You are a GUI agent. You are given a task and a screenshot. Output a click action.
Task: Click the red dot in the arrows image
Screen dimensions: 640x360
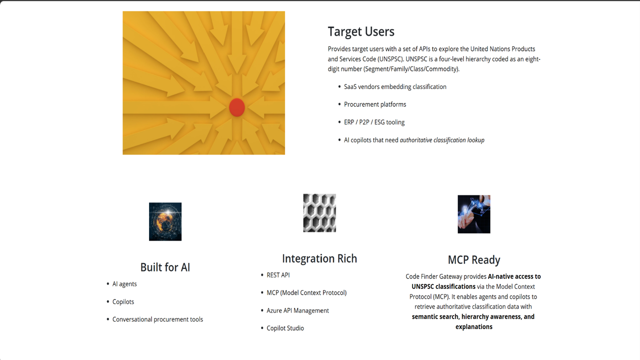(237, 107)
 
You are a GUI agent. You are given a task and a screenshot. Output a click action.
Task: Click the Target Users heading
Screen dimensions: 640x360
(361, 31)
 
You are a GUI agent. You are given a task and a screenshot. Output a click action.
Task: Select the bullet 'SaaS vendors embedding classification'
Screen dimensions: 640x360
(395, 87)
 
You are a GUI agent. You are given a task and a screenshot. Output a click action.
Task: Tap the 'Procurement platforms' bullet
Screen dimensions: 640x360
(375, 104)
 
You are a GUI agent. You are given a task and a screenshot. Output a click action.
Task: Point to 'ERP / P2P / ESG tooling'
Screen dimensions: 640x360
(374, 122)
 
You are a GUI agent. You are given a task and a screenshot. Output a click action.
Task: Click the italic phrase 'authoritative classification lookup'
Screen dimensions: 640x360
(442, 140)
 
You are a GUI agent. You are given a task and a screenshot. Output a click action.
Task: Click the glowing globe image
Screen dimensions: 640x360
(165, 221)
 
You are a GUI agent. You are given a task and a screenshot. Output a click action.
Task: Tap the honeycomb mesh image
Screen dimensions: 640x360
(319, 213)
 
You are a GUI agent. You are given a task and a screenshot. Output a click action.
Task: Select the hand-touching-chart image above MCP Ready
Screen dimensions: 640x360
(474, 214)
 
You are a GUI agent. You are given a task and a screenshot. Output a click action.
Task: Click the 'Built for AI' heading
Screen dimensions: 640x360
(165, 267)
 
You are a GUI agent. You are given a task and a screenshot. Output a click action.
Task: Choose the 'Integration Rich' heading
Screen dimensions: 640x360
(319, 258)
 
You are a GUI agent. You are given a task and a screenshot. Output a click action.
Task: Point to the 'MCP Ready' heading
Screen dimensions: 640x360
(474, 260)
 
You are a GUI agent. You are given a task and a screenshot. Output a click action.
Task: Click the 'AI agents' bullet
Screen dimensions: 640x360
(124, 284)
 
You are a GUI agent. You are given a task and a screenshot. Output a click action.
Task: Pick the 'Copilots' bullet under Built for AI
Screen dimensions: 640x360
(123, 302)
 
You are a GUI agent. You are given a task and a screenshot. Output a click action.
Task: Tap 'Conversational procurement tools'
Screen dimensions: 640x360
(157, 319)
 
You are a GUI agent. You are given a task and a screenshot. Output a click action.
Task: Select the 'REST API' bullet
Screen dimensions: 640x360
(278, 275)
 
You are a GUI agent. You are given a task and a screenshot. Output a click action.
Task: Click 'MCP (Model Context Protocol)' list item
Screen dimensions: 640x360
(306, 293)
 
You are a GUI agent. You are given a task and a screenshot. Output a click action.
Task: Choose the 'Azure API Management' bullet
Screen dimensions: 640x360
(297, 310)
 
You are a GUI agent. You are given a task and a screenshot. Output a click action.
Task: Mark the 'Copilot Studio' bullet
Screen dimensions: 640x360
(285, 328)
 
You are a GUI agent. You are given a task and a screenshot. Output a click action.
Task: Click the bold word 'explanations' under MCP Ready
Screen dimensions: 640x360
(474, 327)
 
